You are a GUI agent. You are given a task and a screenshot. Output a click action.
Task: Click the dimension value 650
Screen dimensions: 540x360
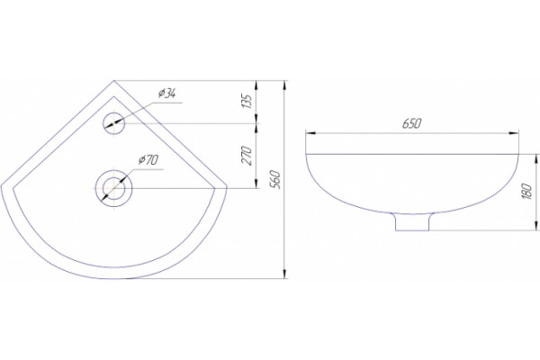tap(412, 123)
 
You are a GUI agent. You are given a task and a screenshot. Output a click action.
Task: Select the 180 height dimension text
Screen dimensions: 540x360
tap(526, 192)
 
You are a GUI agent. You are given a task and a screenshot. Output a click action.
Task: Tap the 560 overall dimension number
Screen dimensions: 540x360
tap(275, 179)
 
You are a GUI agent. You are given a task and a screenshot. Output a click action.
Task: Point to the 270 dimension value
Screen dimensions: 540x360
tap(247, 156)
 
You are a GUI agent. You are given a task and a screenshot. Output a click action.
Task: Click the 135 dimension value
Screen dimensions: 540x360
tap(247, 102)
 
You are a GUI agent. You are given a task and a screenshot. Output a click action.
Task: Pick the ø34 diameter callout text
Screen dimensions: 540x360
tap(167, 93)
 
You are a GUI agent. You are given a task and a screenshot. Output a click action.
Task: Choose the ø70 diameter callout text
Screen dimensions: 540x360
tap(148, 160)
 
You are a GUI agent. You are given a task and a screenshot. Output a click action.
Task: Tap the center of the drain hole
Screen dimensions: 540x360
tap(113, 188)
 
